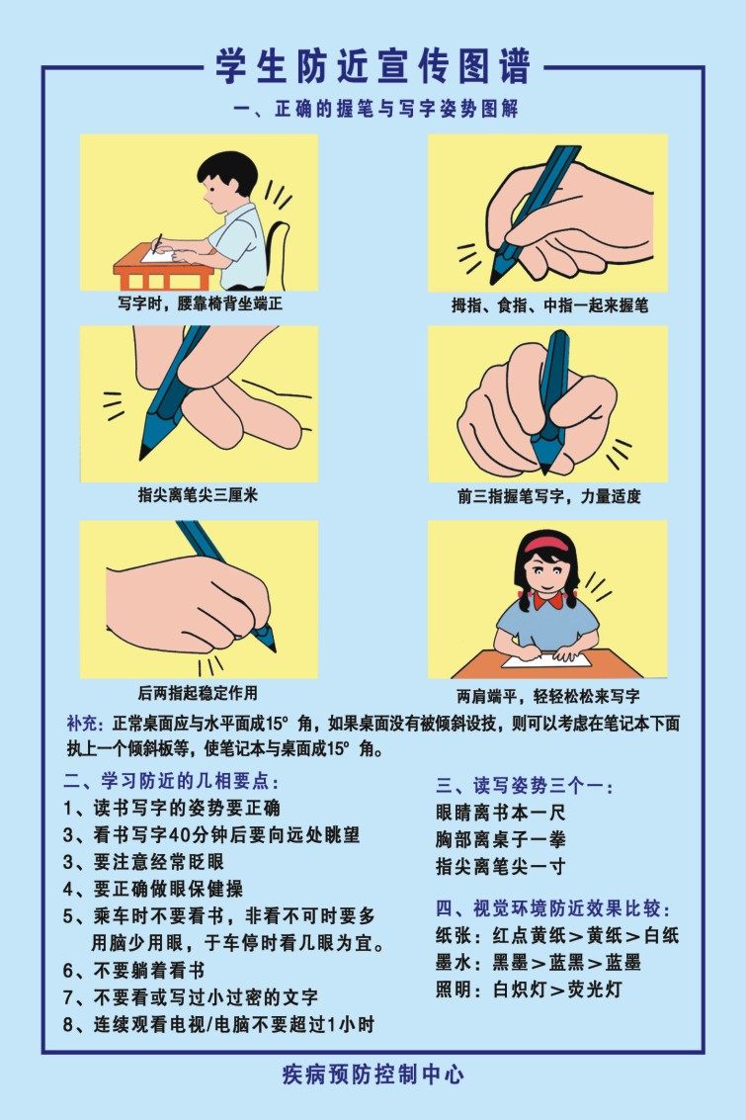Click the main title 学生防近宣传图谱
tap(373, 66)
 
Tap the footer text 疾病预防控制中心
tap(373, 1075)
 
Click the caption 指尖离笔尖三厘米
tap(198, 495)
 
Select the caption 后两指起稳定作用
tap(198, 692)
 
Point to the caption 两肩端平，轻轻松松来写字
tap(547, 696)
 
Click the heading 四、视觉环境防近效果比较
tap(559, 908)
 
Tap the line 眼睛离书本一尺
tap(500, 814)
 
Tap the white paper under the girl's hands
tap(553, 658)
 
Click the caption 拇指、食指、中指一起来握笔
tap(549, 306)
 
